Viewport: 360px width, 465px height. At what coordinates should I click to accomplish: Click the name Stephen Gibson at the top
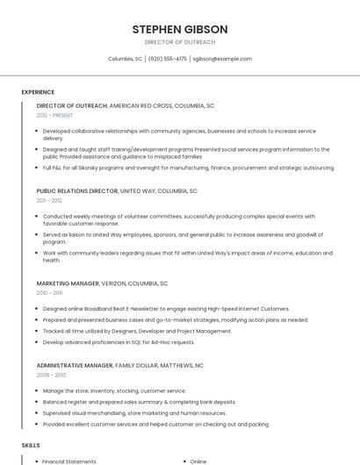coord(179,29)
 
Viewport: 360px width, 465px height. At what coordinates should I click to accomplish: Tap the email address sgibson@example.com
coord(222,59)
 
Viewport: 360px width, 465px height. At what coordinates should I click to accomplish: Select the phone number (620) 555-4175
coord(168,59)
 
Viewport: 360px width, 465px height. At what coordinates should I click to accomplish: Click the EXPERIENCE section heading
coord(38,91)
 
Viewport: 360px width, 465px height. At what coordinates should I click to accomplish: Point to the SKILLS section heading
coord(31,446)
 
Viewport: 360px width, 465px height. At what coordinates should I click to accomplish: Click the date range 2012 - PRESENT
coord(55,115)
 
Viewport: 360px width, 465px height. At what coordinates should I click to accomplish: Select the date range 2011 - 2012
coord(49,200)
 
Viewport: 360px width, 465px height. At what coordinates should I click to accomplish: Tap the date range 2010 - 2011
coord(49,293)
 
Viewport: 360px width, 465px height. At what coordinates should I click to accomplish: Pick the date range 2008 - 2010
coord(50,375)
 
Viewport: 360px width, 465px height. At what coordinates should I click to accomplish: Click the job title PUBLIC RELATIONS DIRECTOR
coord(76,190)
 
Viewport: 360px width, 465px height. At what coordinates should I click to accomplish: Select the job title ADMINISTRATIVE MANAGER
coord(75,365)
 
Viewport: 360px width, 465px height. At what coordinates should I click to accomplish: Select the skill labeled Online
coord(198,461)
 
